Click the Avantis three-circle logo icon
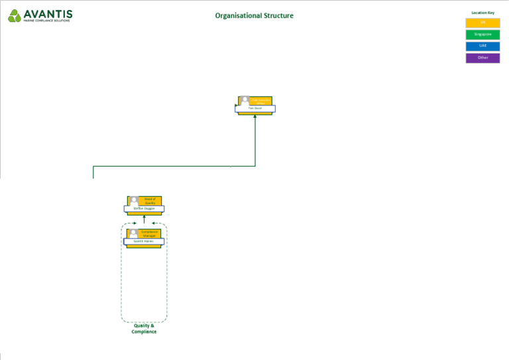pos(15,16)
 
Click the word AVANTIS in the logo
pos(48,13)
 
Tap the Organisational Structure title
pos(254,16)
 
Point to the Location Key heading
pos(482,13)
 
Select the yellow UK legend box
pos(482,23)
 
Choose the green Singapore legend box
pos(482,34)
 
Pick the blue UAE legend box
pos(482,46)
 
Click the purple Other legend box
pos(482,58)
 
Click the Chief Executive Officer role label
pos(260,100)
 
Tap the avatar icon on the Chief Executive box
pos(245,101)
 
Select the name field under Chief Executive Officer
pos(255,108)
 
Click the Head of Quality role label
pos(150,201)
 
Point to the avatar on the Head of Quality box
pos(134,201)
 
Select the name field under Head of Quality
pos(144,208)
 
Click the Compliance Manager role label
pos(149,233)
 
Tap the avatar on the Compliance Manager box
pos(133,233)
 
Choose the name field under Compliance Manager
pos(144,241)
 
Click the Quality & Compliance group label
pos(144,329)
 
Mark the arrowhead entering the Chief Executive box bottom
pos(255,117)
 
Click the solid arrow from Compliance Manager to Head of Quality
pos(144,219)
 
